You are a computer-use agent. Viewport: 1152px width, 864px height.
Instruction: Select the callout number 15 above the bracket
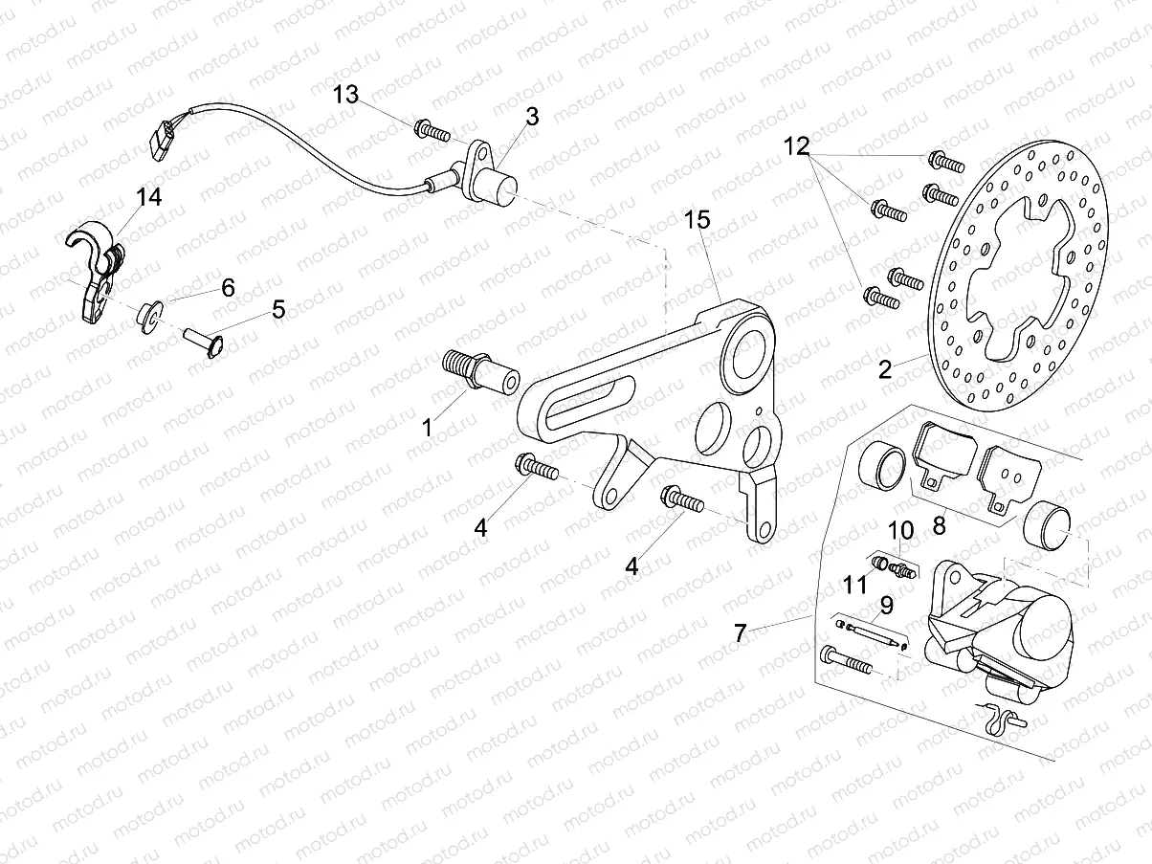coord(697,220)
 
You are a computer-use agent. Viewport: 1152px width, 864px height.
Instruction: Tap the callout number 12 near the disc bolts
coord(797,146)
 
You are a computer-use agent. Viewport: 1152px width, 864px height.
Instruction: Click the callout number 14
coord(148,198)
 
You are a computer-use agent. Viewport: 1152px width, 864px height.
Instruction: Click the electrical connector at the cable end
coord(162,136)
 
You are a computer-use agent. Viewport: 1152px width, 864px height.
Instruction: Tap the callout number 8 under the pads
coord(939,524)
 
